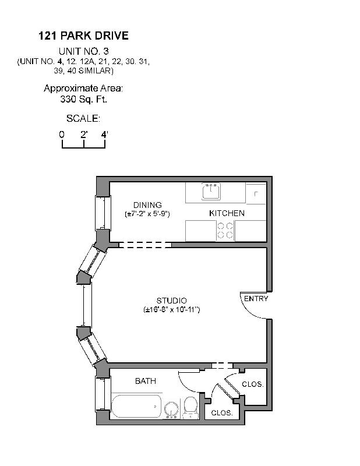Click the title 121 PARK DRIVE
coord(83,36)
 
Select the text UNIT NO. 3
coord(83,51)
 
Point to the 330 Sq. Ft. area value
coord(83,99)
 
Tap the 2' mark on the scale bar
coord(84,135)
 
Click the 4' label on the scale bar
coord(105,135)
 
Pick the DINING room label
coord(147,205)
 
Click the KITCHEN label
coord(227,213)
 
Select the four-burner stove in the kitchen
coord(225,231)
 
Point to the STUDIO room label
coord(171,301)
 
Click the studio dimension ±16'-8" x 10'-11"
coord(172,310)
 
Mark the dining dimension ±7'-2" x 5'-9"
coord(147,214)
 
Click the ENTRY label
coord(256,299)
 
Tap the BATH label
coord(145,382)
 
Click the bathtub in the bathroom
coord(136,405)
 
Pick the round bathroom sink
coord(172,409)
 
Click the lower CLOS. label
coord(221,412)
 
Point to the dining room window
coord(103,213)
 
